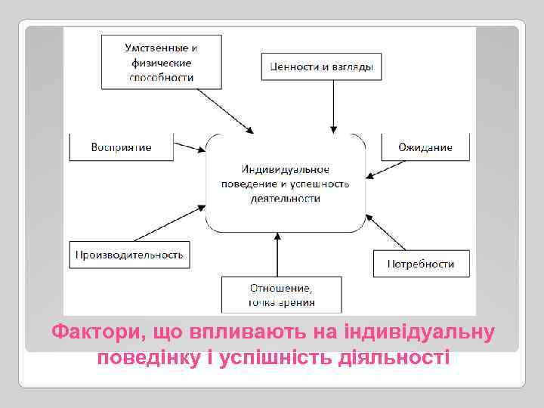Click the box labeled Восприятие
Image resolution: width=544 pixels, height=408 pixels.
(x=122, y=147)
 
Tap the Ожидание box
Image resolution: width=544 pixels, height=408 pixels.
(x=425, y=147)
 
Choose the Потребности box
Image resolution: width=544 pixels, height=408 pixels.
(x=421, y=264)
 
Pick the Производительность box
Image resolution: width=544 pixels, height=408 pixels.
(x=129, y=255)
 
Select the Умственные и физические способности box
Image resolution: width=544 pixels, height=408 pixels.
(x=160, y=62)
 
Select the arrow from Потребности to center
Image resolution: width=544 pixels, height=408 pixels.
(x=386, y=230)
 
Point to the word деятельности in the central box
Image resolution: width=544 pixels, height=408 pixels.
(x=285, y=198)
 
